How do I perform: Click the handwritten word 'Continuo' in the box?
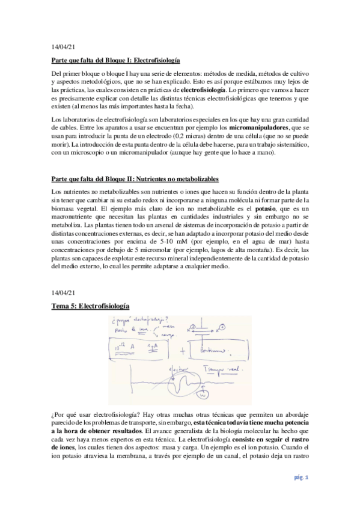(x=207, y=349)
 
